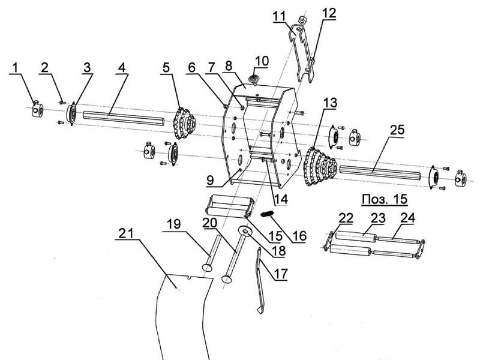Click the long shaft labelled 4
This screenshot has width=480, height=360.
(x=120, y=116)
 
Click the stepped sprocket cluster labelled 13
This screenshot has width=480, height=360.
(x=322, y=163)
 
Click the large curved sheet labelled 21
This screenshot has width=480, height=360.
(x=180, y=312)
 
